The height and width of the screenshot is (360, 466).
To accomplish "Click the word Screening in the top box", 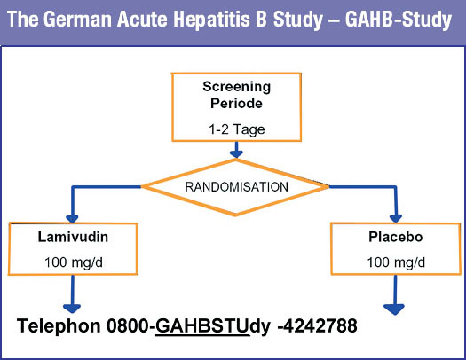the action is (x=237, y=87).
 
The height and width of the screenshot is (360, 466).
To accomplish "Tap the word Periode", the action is (x=237, y=103).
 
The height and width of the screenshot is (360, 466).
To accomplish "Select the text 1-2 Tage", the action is (x=237, y=129).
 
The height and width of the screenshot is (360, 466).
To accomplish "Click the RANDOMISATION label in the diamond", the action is (x=237, y=187).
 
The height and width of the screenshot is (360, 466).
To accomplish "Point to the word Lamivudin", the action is (x=73, y=237).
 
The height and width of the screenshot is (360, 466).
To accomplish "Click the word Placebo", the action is (x=396, y=237).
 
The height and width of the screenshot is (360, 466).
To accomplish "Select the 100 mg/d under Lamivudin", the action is (x=74, y=262).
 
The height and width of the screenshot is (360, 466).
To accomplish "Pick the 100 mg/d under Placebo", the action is (x=396, y=262).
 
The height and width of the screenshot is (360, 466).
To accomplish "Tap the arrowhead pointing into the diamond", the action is (x=236, y=153).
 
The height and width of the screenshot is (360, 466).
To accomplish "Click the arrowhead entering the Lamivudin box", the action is (x=72, y=219).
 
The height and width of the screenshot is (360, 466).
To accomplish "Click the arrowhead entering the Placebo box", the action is (x=396, y=219).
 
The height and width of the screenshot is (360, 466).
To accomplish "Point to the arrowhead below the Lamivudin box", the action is (x=72, y=309).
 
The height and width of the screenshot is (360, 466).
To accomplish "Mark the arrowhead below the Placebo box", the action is (x=394, y=309).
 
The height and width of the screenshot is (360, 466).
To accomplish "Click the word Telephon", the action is (x=59, y=326).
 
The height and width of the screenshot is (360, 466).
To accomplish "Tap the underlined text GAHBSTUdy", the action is (x=213, y=327).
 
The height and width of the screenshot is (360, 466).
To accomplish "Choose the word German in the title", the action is (x=78, y=20).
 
